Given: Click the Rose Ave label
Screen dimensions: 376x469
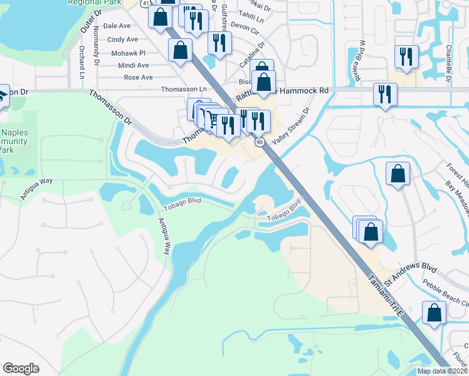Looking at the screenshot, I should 138,78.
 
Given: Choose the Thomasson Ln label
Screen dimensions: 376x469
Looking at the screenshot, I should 184,90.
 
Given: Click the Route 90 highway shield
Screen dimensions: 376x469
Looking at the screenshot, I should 259,142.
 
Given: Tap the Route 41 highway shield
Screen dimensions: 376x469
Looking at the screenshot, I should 145,3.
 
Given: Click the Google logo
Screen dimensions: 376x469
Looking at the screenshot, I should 21,368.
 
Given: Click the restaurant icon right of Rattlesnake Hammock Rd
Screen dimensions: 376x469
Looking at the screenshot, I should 383,94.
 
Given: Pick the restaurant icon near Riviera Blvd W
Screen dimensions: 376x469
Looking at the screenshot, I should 404,56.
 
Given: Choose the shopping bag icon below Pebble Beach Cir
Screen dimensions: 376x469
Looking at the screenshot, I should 434,313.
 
